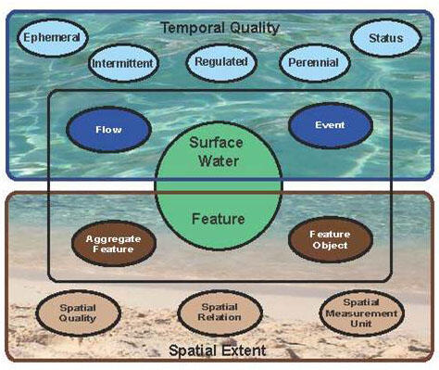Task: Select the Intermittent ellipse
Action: coord(123,64)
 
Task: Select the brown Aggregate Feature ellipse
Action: coord(113,244)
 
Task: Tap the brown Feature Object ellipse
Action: coord(329,240)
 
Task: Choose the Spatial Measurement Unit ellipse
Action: coord(357,313)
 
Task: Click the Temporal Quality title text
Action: coord(219,27)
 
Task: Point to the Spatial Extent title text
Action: coord(219,351)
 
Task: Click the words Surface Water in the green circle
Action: coord(215,151)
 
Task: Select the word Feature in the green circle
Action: coord(217,219)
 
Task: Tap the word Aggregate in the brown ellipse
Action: coord(113,238)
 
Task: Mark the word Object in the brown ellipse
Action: coord(330,246)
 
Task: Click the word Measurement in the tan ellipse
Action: coord(357,313)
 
